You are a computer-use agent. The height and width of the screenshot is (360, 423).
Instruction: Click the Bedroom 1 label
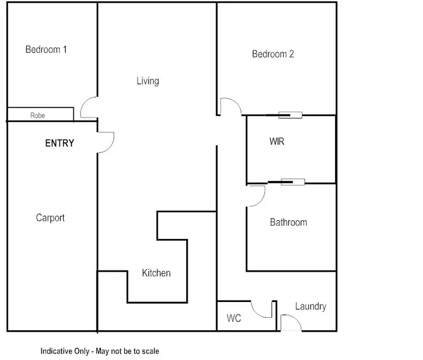point(46,50)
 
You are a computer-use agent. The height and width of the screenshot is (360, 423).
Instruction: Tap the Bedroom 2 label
point(273,54)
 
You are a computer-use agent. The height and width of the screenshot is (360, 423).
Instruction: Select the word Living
point(148,81)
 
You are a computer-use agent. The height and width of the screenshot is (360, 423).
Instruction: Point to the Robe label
point(38,115)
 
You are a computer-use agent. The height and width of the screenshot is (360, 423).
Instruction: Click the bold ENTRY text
point(59,143)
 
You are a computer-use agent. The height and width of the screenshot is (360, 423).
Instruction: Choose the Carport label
point(50,217)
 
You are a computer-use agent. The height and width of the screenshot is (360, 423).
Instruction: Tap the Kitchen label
point(156,273)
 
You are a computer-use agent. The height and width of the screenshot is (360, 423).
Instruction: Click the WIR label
point(277,142)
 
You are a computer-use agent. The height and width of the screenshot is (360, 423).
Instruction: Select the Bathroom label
point(288,222)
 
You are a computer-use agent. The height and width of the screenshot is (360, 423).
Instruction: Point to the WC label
point(234,319)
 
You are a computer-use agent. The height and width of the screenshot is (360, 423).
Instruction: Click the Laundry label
point(310,306)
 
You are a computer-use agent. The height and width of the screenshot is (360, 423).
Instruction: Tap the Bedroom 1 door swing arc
point(89,108)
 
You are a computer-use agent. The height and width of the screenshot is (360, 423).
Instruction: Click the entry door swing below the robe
point(106,142)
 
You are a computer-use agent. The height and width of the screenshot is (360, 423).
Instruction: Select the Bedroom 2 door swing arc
point(231,107)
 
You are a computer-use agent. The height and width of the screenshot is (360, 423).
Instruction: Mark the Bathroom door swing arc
point(257,195)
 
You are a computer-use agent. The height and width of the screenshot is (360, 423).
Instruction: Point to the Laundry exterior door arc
point(291,323)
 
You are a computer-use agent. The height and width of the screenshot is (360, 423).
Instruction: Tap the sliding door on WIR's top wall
point(291,115)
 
